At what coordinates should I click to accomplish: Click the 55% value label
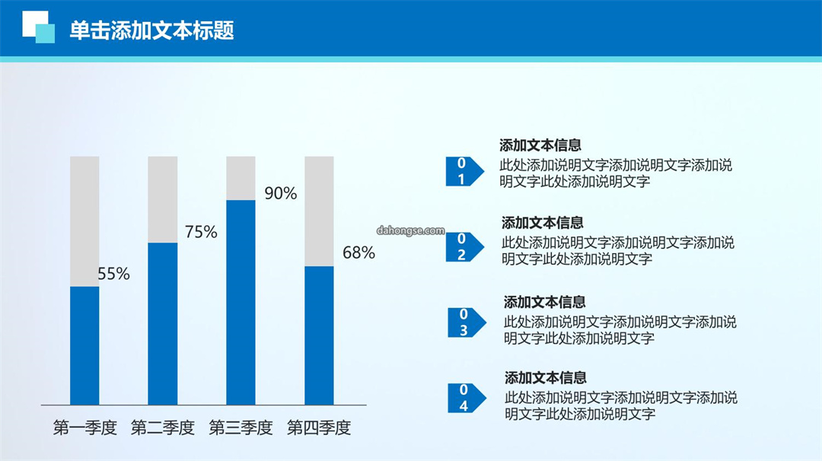(113, 273)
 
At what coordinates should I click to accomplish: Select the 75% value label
(201, 231)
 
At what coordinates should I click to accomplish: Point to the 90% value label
(280, 193)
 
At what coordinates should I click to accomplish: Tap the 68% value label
(358, 253)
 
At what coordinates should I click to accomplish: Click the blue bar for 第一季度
(84, 345)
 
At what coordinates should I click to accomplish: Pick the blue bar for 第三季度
(241, 302)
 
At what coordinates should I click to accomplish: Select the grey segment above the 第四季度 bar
(319, 211)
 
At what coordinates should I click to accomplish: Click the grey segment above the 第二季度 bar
(163, 199)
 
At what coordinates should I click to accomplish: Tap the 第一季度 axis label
(85, 428)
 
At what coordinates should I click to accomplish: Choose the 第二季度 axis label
(163, 428)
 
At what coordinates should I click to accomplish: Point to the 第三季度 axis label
(241, 428)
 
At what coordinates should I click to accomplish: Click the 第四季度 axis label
(319, 428)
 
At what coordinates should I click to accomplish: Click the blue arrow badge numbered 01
(464, 171)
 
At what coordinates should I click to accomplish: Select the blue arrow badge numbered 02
(464, 246)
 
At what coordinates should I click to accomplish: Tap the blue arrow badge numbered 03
(467, 323)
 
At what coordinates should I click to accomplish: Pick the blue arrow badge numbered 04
(467, 398)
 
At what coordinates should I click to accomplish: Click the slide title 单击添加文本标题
(151, 30)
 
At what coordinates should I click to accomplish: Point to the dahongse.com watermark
(410, 230)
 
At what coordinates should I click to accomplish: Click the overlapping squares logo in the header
(38, 27)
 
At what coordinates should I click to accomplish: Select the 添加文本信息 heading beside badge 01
(540, 145)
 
